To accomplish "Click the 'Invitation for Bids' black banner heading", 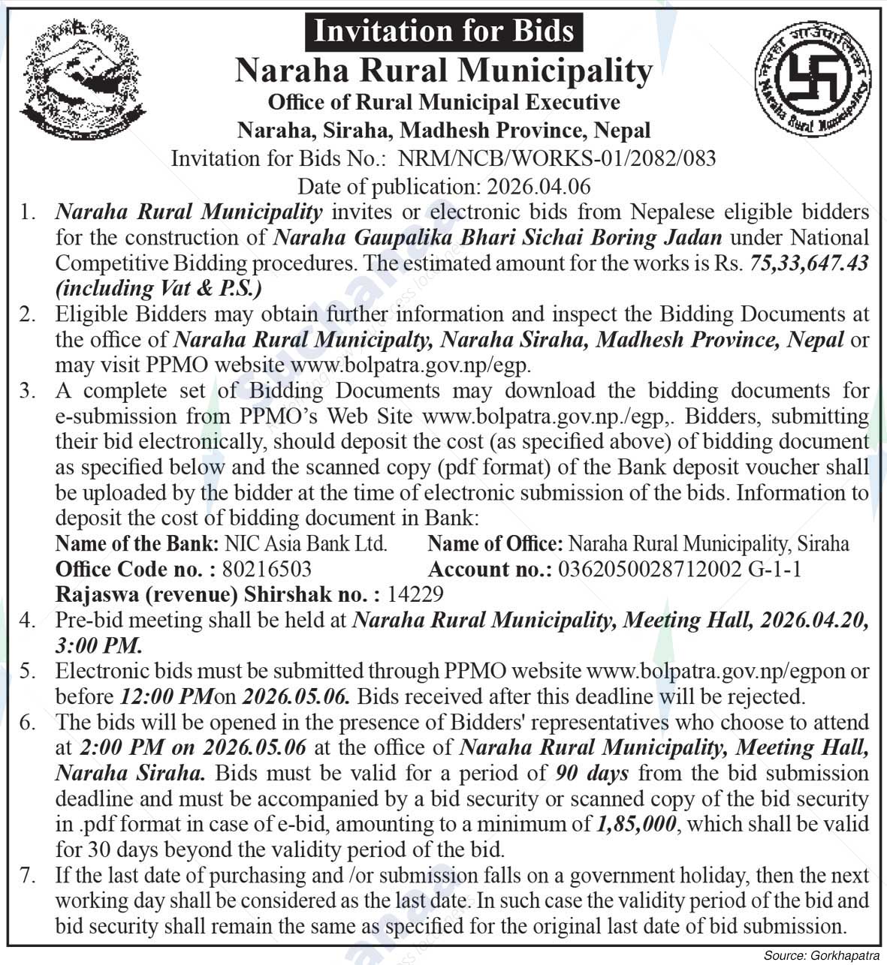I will [444, 32].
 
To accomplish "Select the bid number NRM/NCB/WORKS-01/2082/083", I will [557, 158].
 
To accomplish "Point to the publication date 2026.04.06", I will [539, 185].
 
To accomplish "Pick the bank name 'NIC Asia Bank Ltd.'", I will [306, 543].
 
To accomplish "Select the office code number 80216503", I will [267, 569].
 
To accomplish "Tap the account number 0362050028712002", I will [650, 569].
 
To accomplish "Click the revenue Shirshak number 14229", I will [415, 594].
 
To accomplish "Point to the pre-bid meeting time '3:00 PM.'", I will [98, 645].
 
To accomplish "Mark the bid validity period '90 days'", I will [593, 773].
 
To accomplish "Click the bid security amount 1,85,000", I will [636, 824].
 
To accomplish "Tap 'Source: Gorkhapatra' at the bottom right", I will [822, 956].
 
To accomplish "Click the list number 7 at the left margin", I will [28, 875].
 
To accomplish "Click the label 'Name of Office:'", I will [495, 543].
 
